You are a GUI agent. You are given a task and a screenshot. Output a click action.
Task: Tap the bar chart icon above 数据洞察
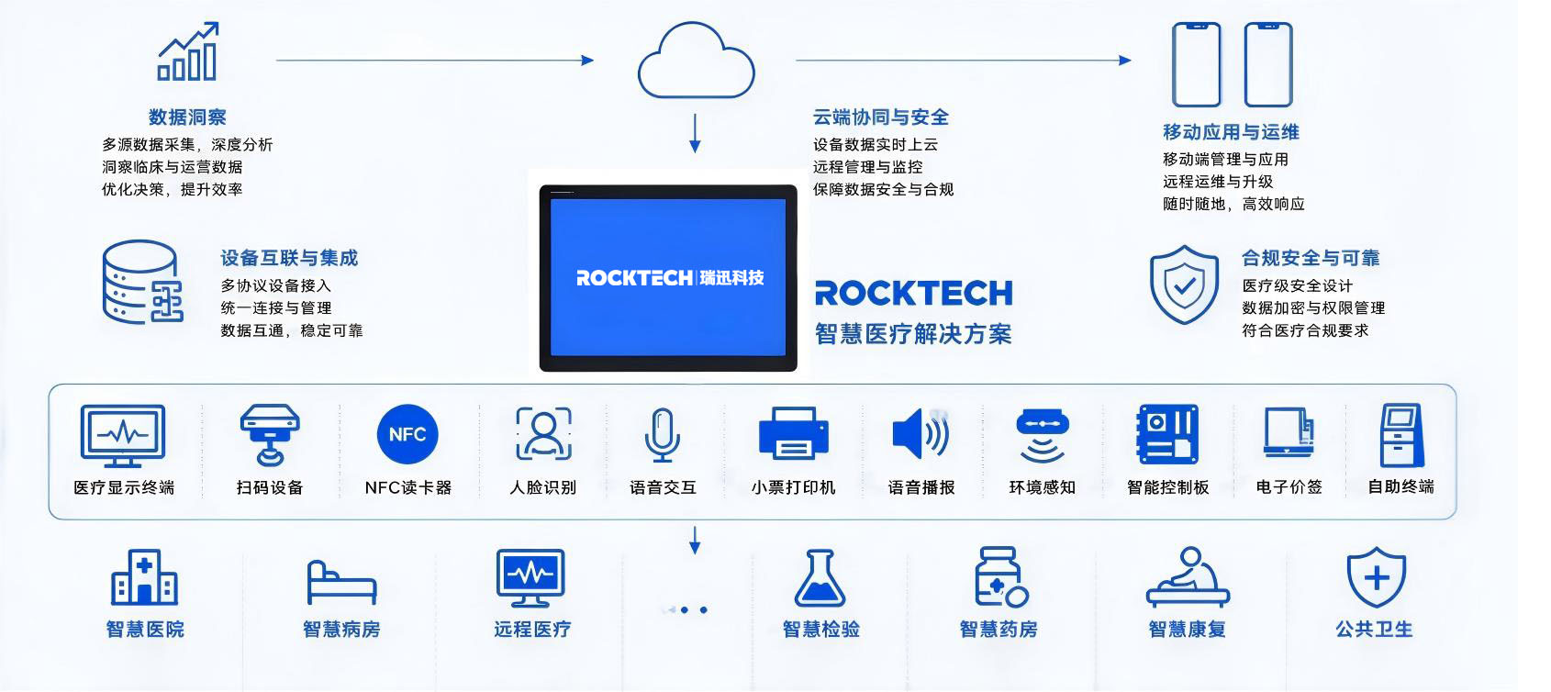[x=187, y=52]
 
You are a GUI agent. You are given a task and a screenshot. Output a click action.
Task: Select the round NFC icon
[x=407, y=434]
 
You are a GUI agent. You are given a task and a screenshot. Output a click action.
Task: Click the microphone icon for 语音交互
[x=662, y=434]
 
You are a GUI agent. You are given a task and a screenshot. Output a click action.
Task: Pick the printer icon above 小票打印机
[x=794, y=433]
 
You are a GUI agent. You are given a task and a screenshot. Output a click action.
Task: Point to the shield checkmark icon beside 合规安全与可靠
[x=1184, y=284]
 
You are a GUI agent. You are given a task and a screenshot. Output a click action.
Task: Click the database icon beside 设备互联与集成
[x=142, y=282]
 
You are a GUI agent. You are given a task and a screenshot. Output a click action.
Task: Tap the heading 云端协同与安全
[x=881, y=117]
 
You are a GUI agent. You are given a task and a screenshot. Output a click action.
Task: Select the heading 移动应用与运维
[x=1231, y=131]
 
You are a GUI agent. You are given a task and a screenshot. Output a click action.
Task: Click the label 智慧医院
[x=145, y=629]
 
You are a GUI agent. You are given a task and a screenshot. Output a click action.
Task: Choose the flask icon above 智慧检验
[x=820, y=578]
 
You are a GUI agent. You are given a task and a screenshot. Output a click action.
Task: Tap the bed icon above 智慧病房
[x=341, y=583]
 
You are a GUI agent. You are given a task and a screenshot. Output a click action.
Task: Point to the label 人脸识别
[x=543, y=487]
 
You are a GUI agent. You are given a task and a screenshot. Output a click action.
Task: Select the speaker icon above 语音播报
[x=921, y=433]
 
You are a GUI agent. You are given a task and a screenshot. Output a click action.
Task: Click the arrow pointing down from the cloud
[x=695, y=133]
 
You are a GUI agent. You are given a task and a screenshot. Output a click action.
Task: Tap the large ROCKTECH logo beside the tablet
[x=913, y=293]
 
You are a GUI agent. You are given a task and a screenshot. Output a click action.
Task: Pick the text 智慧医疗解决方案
[x=913, y=334]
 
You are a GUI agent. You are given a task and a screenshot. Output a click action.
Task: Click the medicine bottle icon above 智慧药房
[x=1000, y=577]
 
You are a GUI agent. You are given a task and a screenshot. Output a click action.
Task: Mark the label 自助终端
[x=1400, y=487]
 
